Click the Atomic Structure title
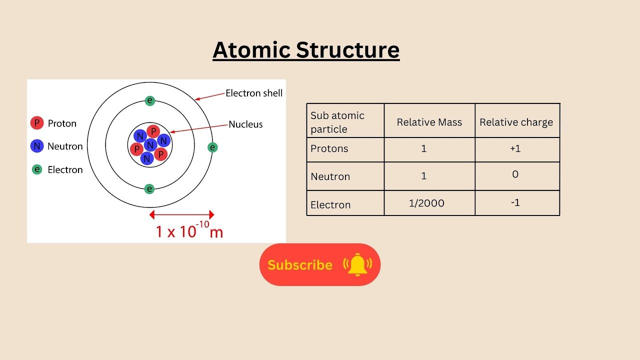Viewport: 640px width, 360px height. click(x=306, y=50)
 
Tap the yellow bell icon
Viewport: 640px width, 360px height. click(x=357, y=265)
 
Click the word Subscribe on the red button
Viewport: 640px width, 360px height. click(x=300, y=265)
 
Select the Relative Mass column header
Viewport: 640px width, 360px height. click(x=429, y=122)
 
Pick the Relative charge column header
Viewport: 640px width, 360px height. click(x=516, y=122)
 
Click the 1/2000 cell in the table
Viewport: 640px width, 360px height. click(x=426, y=203)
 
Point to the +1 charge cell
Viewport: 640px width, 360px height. click(x=515, y=149)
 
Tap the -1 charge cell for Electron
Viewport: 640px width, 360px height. click(x=515, y=203)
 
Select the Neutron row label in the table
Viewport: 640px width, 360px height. click(x=330, y=176)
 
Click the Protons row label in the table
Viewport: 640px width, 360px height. click(x=329, y=149)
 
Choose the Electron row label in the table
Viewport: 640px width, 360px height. click(x=330, y=204)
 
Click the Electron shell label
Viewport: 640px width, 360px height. click(x=254, y=93)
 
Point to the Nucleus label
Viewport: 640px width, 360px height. click(x=245, y=124)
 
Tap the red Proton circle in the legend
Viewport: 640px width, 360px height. click(x=37, y=123)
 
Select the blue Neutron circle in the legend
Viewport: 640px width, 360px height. click(x=37, y=146)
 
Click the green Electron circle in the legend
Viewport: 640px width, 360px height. click(x=37, y=169)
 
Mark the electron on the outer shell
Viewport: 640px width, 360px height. click(x=213, y=147)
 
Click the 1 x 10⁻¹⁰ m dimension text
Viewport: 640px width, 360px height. click(x=189, y=231)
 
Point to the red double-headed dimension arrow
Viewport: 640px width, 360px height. click(x=182, y=215)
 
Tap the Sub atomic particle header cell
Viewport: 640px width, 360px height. click(x=337, y=122)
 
